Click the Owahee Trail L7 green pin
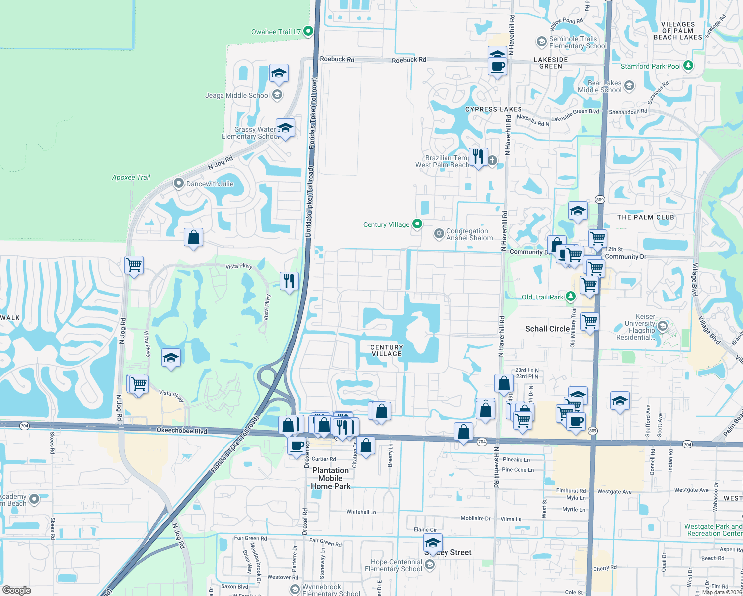click(x=308, y=31)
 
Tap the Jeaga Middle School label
click(x=237, y=95)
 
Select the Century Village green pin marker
click(x=417, y=224)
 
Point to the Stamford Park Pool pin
click(x=688, y=65)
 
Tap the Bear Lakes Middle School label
click(x=599, y=86)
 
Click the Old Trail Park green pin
click(x=571, y=297)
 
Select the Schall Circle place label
click(x=547, y=329)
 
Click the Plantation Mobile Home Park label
click(x=331, y=478)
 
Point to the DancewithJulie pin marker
click(x=179, y=183)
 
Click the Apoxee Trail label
click(x=131, y=177)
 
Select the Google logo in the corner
click(x=17, y=590)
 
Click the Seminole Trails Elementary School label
click(x=578, y=42)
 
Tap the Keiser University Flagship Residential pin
click(x=662, y=326)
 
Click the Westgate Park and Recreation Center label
click(x=713, y=530)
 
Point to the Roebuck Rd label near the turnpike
click(x=337, y=59)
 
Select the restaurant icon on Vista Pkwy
click(x=289, y=281)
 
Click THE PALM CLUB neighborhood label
click(x=646, y=217)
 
